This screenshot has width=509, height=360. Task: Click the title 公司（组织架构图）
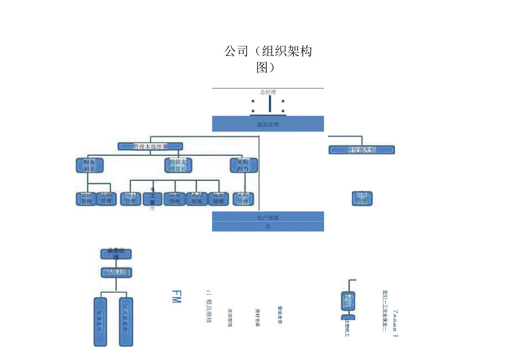coord(268,59)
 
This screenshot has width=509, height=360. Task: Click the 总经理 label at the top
coord(268,92)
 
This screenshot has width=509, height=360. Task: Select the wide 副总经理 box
coord(268,124)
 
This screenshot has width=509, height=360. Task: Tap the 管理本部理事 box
coord(150,147)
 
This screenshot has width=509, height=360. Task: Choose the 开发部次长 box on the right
coord(361,150)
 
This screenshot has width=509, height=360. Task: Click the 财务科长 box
coord(89,165)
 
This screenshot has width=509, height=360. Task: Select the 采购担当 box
coord(243,165)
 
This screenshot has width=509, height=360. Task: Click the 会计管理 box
coord(86,199)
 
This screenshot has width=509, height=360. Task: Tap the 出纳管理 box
coord(106,199)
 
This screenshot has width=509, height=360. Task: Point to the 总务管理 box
coord(174,199)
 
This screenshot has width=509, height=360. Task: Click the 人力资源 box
coord(196,199)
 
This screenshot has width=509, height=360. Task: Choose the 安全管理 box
coord(219,199)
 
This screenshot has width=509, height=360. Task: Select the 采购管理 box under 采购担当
coord(243,199)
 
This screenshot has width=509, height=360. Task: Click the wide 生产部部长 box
coord(268,222)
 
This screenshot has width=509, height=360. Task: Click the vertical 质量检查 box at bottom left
coord(100,322)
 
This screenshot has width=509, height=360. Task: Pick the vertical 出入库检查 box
coord(127,322)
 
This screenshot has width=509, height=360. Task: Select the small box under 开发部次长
coord(362,199)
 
